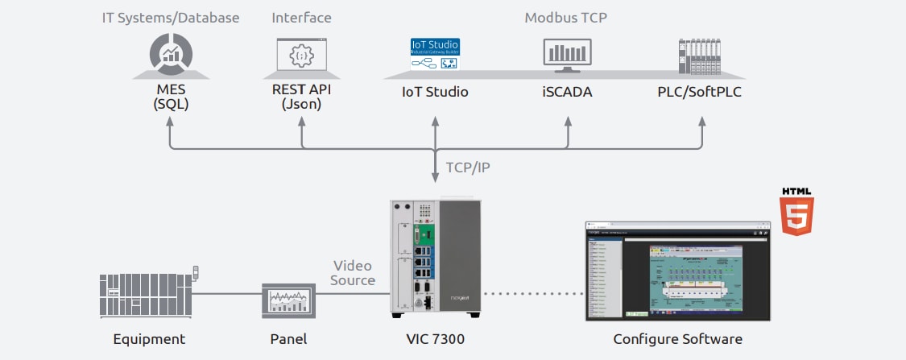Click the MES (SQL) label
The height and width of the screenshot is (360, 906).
click(x=170, y=97)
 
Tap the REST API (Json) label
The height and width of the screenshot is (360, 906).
click(x=302, y=96)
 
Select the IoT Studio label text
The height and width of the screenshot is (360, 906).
click(x=435, y=92)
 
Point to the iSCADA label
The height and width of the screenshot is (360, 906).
click(x=567, y=92)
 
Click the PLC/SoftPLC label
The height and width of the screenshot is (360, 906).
click(x=699, y=92)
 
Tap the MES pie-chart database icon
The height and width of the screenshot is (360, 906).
click(x=170, y=55)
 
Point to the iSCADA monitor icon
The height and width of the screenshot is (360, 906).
click(x=567, y=56)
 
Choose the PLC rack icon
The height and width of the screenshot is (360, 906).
click(x=699, y=56)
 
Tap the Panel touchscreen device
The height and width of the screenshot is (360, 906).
click(x=286, y=302)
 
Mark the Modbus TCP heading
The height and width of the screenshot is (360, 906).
click(x=566, y=18)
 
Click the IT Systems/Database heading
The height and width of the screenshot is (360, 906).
click(x=171, y=18)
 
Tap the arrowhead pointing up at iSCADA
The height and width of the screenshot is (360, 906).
click(x=567, y=120)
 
